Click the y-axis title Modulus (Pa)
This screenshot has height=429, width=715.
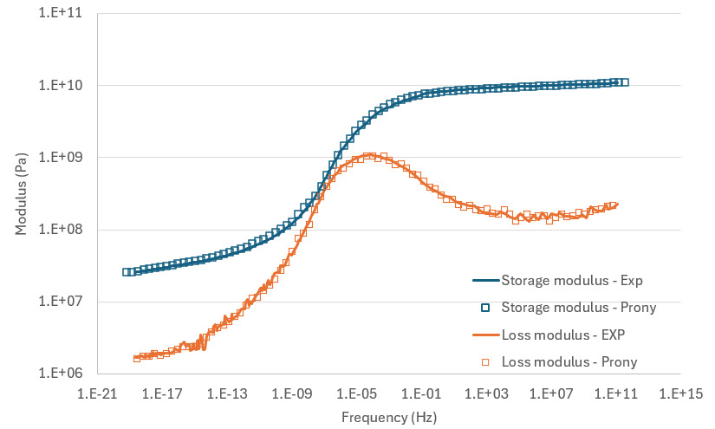tap(20, 193)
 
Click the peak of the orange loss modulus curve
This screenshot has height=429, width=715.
tap(369, 156)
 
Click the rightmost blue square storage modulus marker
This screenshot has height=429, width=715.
tap(623, 82)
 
